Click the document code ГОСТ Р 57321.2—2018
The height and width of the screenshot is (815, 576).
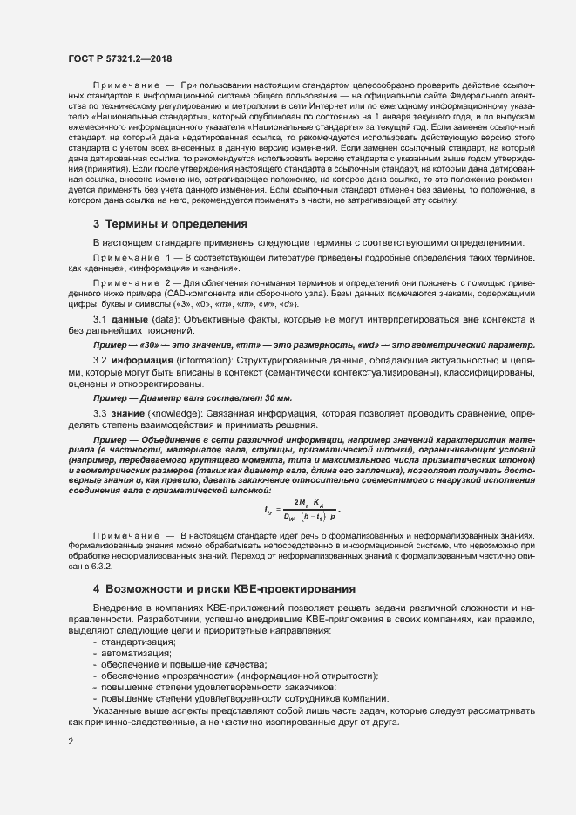[119, 58]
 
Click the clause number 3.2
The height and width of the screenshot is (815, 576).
[99, 359]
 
